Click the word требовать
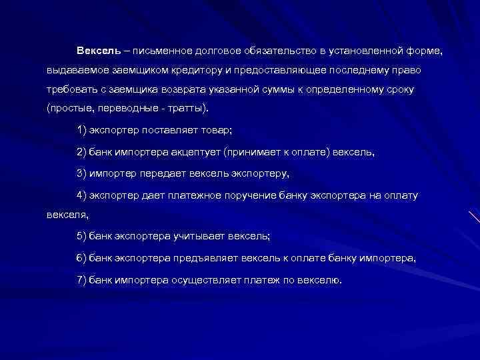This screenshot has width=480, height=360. [x=72, y=89]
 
